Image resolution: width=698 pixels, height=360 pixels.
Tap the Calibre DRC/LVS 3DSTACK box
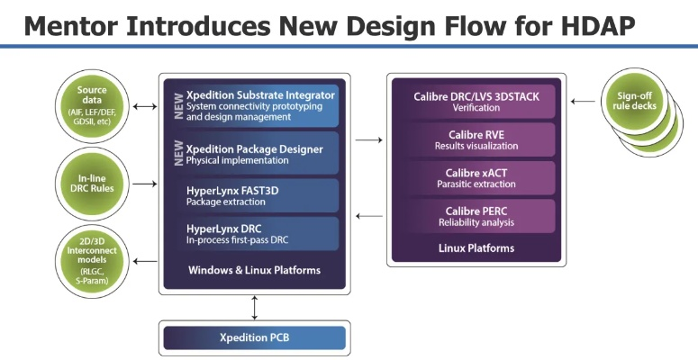point(476,101)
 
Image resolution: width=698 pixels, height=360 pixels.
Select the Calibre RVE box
point(476,139)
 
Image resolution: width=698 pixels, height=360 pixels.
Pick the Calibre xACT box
point(476,177)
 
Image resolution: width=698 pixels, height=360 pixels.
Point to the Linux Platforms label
point(476,247)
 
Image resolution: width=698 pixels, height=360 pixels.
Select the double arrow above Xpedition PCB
point(254,307)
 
